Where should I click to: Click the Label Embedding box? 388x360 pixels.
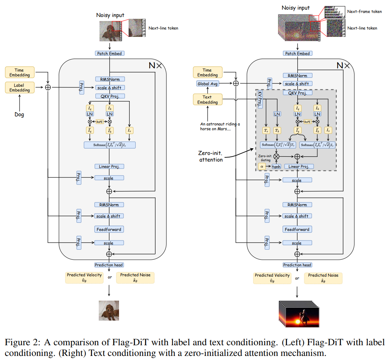pyautogui.click(x=19, y=87)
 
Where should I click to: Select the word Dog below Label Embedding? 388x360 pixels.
pyautogui.click(x=19, y=115)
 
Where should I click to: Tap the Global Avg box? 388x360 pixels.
pyautogui.click(x=207, y=84)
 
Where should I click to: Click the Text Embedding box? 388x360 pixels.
pyautogui.click(x=207, y=100)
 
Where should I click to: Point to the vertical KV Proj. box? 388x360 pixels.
pyautogui.click(x=260, y=100)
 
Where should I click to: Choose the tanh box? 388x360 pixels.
pyautogui.click(x=276, y=166)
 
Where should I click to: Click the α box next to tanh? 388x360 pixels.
pyautogui.click(x=262, y=166)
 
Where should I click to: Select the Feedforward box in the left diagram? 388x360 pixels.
pyautogui.click(x=109, y=229)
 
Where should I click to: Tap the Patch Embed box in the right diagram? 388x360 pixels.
pyautogui.click(x=297, y=53)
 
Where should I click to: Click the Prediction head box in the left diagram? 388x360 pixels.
pyautogui.click(x=109, y=265)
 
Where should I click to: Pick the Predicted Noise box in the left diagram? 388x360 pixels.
pyautogui.click(x=135, y=277)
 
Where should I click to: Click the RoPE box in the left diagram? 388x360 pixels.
pyautogui.click(x=99, y=121)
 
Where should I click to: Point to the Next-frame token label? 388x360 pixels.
pyautogui.click(x=364, y=12)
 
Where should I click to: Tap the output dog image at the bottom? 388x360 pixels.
pyautogui.click(x=109, y=310)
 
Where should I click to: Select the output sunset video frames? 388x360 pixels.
pyautogui.click(x=297, y=313)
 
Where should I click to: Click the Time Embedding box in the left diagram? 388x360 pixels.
pyautogui.click(x=19, y=72)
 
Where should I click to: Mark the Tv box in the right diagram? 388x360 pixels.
pyautogui.click(x=266, y=131)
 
